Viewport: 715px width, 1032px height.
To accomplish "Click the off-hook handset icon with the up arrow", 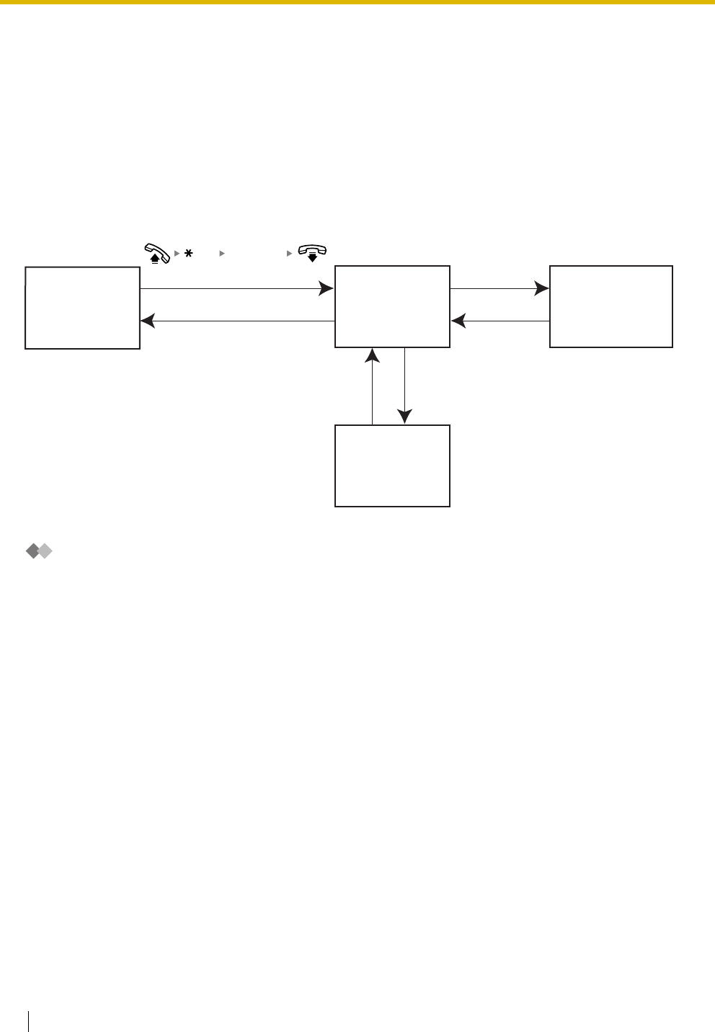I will tap(156, 253).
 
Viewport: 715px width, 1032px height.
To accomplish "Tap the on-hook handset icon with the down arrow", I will tap(312, 253).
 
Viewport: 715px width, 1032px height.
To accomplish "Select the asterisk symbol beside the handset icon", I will tap(189, 254).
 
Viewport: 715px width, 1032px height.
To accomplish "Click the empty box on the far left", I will tap(82, 308).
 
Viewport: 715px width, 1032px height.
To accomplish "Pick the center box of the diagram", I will tap(392, 306).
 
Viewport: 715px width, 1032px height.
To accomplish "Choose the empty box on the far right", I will tap(610, 306).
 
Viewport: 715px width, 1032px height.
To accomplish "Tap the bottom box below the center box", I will tap(392, 466).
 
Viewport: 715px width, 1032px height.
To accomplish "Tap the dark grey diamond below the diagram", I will tap(33, 552).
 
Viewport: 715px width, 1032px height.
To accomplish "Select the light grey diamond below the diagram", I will tap(45, 552).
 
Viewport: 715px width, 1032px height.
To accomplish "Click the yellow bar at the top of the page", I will tap(357, 2).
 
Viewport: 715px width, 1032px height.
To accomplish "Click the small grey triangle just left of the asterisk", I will tap(177, 254).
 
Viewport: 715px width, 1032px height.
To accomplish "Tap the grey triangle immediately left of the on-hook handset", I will tap(290, 254).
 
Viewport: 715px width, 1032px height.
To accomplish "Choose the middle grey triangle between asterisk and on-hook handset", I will tap(222, 254).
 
